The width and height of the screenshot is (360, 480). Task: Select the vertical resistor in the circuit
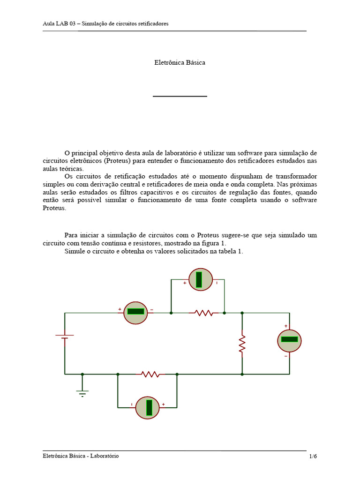click(x=242, y=344)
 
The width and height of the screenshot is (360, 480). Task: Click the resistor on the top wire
click(x=204, y=312)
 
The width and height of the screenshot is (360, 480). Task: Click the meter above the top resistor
click(x=201, y=279)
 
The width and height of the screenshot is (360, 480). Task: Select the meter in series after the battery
click(x=135, y=312)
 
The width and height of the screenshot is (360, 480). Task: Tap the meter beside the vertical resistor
click(x=289, y=340)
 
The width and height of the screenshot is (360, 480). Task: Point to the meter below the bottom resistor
click(x=148, y=407)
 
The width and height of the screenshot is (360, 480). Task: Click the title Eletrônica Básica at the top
click(x=180, y=63)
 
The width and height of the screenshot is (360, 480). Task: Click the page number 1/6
click(x=313, y=456)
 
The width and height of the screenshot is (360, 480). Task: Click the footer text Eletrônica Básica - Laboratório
click(x=81, y=456)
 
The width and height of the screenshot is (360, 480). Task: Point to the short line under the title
click(x=180, y=96)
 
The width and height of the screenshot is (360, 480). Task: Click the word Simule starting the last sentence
click(x=74, y=251)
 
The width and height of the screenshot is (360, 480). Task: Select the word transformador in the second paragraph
click(x=294, y=177)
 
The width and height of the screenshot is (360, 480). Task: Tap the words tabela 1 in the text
click(x=232, y=251)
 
